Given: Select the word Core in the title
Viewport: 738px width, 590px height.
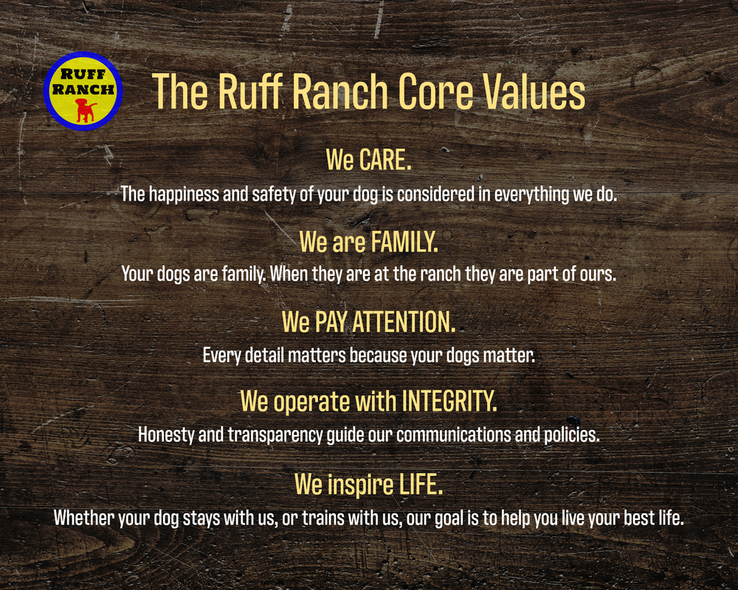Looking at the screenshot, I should point(438,91).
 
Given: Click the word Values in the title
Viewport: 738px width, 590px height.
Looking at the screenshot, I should point(535,91).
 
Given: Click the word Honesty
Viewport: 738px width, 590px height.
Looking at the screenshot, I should point(168,434).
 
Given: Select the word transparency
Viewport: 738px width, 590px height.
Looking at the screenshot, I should point(275,434).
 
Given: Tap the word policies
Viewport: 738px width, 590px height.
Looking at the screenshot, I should point(570,434).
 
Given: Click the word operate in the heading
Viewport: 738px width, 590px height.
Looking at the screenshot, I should point(308,402).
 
